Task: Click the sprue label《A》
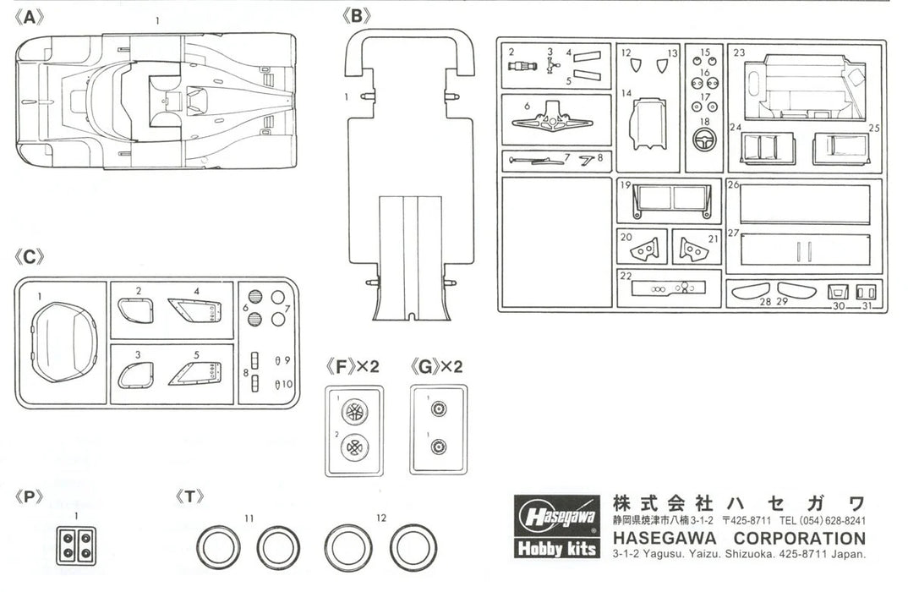point(30,17)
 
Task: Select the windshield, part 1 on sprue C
point(63,343)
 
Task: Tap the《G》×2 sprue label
point(436,367)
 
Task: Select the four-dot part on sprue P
point(75,545)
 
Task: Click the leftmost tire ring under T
point(218,548)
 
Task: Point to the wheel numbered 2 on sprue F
point(354,447)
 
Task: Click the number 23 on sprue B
point(739,52)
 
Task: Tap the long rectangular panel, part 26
point(804,204)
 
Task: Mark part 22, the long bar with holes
point(669,288)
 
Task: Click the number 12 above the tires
point(382,517)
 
